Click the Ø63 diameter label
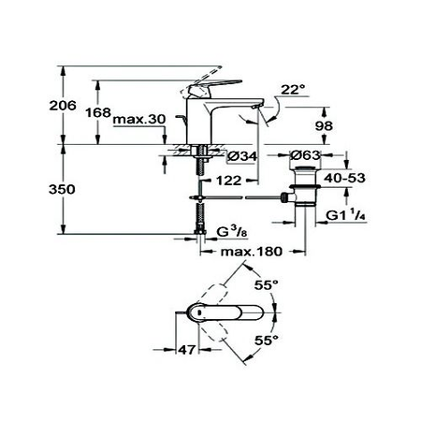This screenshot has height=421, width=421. (308, 156)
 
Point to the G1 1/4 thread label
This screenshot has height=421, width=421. (345, 218)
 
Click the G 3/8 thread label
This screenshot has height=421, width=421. (230, 231)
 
